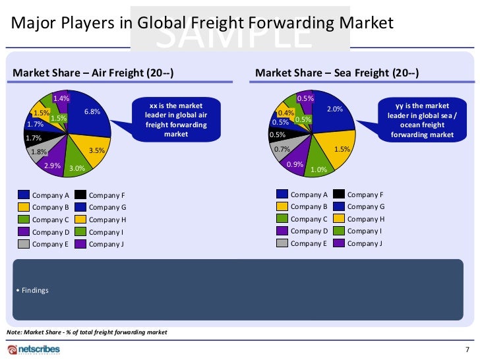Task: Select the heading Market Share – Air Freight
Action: click(x=94, y=73)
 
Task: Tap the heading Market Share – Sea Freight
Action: click(x=337, y=73)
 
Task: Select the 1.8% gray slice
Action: click(x=39, y=151)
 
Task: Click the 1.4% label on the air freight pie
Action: click(x=61, y=98)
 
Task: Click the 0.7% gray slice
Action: click(x=282, y=150)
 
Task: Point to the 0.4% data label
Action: click(x=285, y=113)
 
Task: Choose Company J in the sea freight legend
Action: click(x=365, y=243)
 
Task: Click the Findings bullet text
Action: click(x=34, y=291)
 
